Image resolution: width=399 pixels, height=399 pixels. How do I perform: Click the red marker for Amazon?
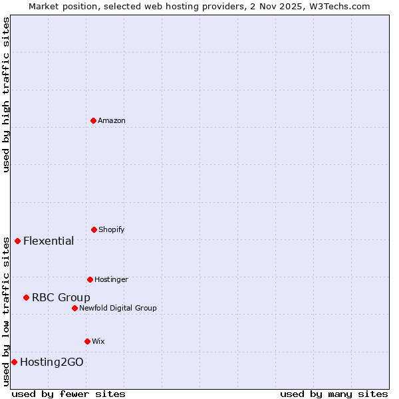click(x=93, y=120)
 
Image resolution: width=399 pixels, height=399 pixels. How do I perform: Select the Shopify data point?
click(x=94, y=229)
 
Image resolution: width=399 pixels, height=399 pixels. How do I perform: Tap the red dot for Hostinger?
click(x=90, y=279)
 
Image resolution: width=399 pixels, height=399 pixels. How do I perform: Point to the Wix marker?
click(x=87, y=341)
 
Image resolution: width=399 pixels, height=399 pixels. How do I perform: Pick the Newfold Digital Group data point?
click(x=74, y=308)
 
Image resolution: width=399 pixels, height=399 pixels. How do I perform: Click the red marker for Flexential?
click(x=17, y=241)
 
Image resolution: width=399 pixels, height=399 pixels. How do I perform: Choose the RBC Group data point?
click(x=26, y=297)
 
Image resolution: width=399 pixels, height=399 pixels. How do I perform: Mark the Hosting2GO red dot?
click(x=14, y=362)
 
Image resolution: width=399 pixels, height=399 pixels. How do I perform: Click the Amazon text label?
click(x=112, y=120)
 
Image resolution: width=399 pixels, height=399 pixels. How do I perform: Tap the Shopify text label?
click(x=112, y=229)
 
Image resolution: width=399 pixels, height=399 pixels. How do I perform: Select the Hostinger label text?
click(x=111, y=279)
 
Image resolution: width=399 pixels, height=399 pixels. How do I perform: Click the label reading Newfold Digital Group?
click(x=118, y=308)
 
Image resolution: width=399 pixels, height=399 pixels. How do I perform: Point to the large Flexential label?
click(x=49, y=241)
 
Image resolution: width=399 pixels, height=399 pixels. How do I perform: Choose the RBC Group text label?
click(x=61, y=297)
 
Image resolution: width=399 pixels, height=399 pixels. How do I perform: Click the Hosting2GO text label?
click(x=52, y=362)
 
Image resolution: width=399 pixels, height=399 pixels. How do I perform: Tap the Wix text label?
click(x=98, y=341)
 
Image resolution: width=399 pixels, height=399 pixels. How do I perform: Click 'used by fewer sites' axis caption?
click(x=68, y=394)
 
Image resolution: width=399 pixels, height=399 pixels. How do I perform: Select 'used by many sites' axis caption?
click(x=334, y=394)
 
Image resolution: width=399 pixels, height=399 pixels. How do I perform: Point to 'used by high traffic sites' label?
click(x=6, y=94)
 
